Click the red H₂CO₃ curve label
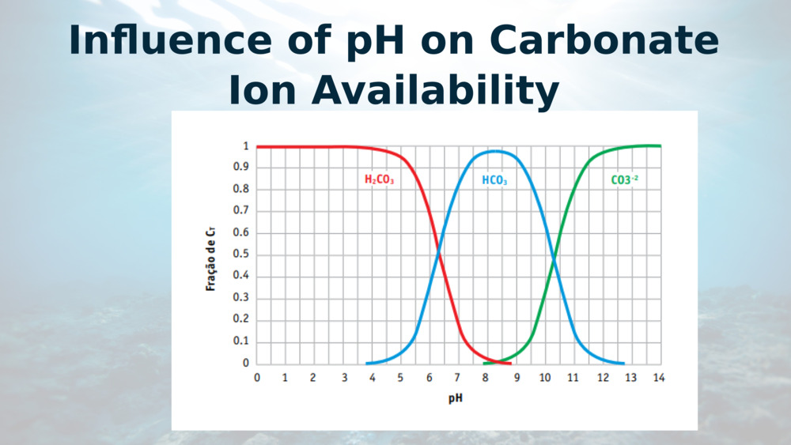point(379,180)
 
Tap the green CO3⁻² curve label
point(624,180)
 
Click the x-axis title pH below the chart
point(456,398)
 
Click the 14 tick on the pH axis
point(659,378)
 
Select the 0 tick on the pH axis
point(257,378)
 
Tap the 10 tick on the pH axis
point(544,378)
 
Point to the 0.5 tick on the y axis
point(241,255)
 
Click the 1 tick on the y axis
point(246,146)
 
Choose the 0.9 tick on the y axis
point(241,168)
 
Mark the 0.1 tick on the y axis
point(241,341)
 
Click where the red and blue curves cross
point(439,255)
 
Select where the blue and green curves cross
point(554,256)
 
